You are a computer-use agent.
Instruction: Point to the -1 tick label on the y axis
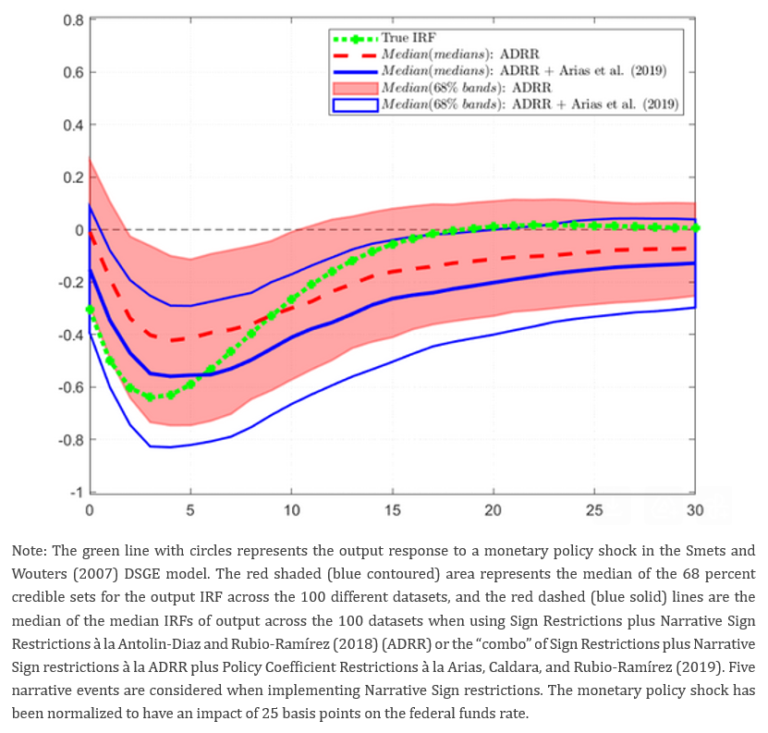click(x=76, y=492)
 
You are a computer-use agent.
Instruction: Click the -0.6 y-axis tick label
click(x=68, y=387)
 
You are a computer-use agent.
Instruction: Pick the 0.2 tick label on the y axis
click(x=71, y=177)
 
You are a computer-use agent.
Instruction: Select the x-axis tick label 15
click(x=392, y=511)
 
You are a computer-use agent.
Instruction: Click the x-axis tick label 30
click(x=695, y=511)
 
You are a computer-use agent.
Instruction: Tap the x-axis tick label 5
click(x=189, y=511)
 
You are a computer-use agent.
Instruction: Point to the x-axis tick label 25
click(x=594, y=511)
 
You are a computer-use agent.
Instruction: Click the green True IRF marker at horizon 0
click(x=90, y=310)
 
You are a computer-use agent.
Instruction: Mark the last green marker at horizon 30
click(x=696, y=227)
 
